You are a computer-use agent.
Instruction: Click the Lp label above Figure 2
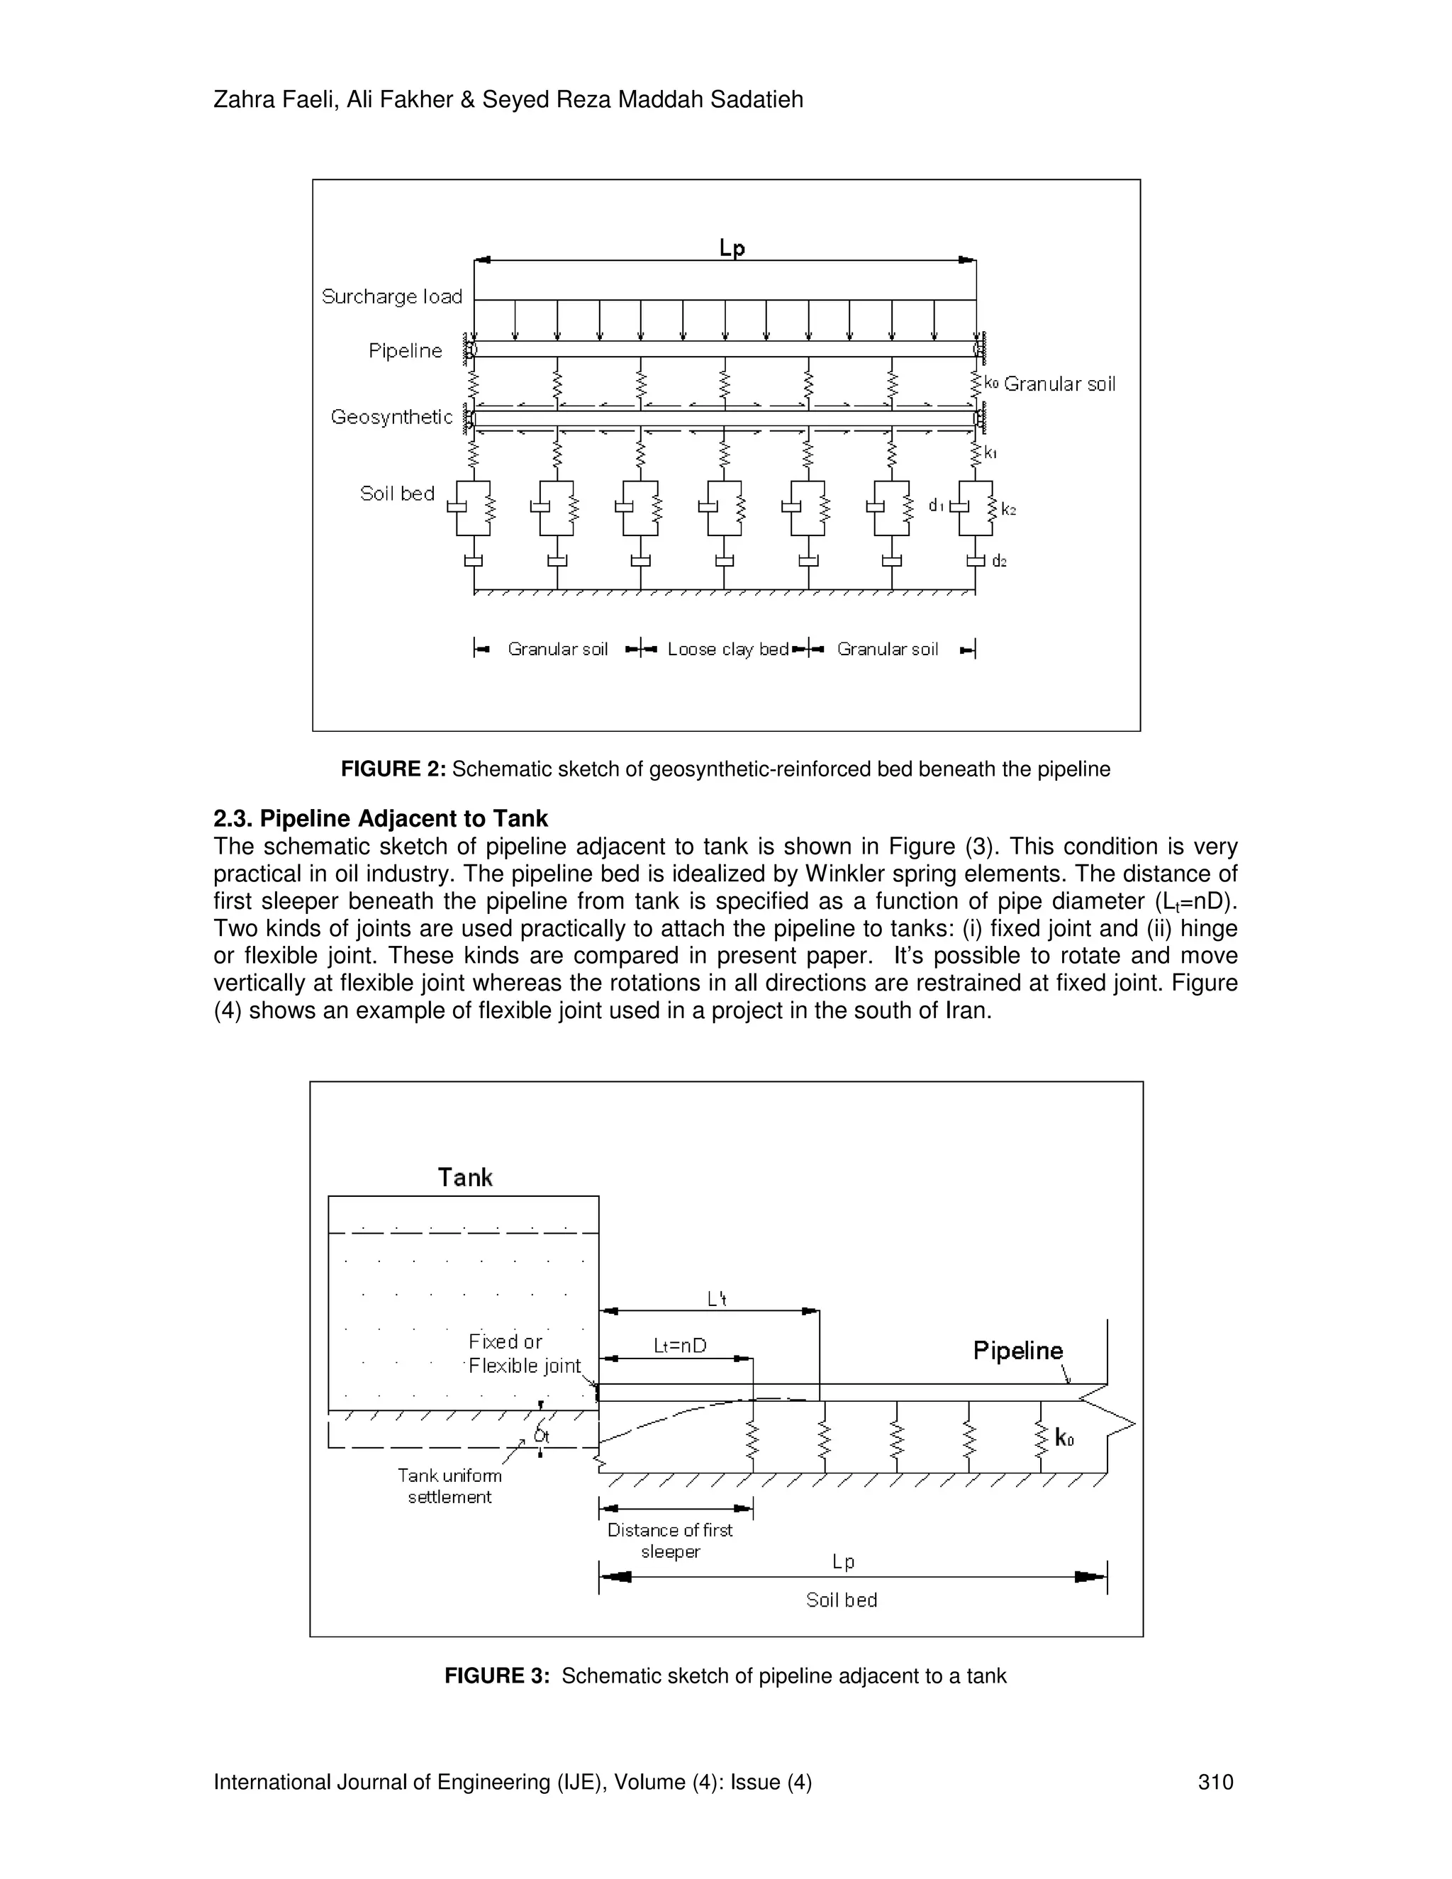[732, 249]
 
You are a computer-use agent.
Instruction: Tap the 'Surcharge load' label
[391, 297]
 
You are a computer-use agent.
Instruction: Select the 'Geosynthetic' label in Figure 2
[391, 417]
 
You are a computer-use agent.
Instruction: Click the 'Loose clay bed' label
[727, 649]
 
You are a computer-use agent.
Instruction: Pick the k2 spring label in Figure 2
[1009, 511]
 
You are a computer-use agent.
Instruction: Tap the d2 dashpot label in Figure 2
[999, 562]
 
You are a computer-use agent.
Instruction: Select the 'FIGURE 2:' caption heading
[393, 769]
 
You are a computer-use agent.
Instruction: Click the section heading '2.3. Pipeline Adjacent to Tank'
[380, 818]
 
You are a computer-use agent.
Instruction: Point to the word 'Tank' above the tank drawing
[464, 1178]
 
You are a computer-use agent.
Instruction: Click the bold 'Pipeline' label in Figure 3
[1017, 1351]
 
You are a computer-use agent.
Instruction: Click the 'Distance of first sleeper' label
[670, 1540]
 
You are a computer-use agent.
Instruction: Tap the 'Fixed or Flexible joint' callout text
[524, 1354]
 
